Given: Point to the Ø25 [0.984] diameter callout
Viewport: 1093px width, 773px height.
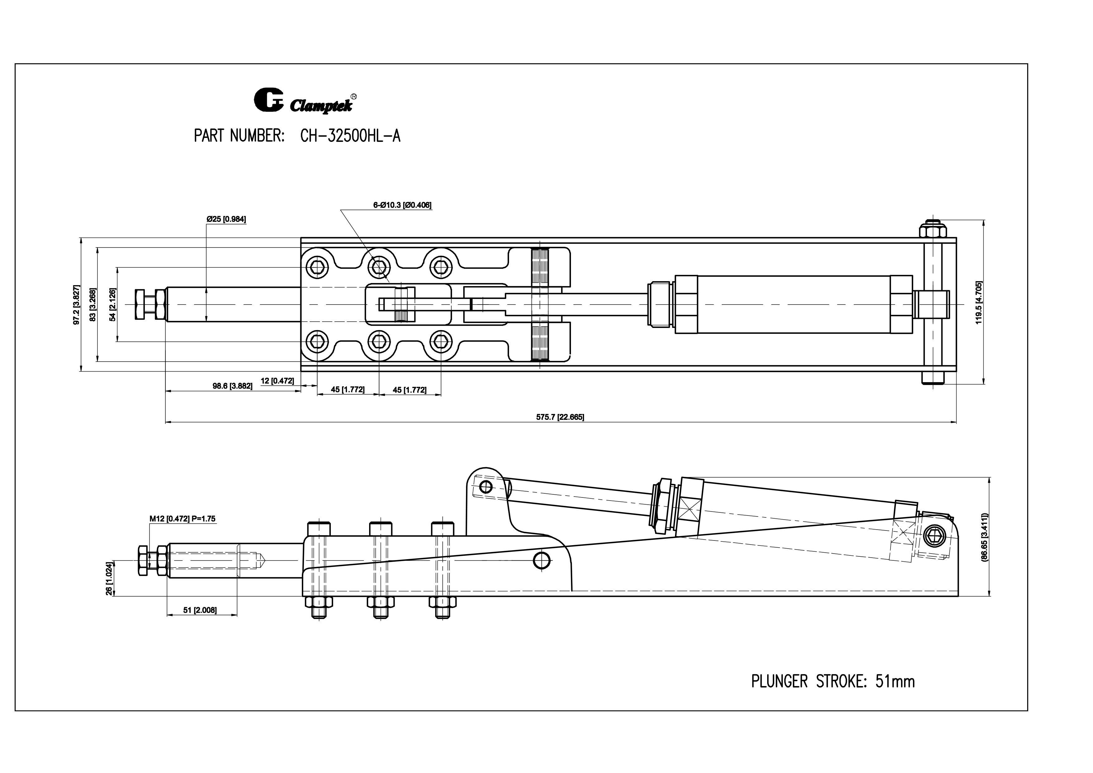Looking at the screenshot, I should (226, 219).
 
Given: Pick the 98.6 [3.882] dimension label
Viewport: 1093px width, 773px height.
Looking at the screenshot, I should (232, 386).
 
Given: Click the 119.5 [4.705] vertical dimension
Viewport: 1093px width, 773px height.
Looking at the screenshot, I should (979, 302).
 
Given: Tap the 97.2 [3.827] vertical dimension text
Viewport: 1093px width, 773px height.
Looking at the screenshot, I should (76, 305).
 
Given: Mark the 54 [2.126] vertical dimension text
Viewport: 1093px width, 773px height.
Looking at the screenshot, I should (113, 305).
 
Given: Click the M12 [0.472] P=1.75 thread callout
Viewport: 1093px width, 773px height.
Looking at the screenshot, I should (182, 519).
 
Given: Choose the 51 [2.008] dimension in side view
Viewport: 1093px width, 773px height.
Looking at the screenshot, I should (200, 610).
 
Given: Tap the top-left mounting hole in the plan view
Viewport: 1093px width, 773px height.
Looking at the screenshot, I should (317, 267).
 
